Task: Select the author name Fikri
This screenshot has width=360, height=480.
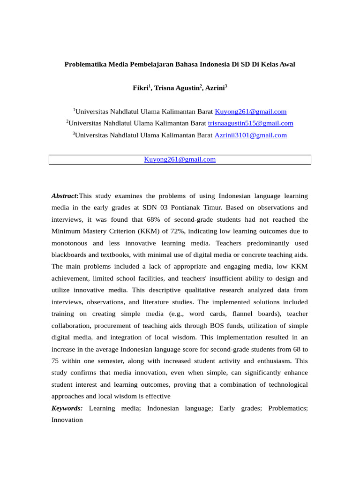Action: click(140, 88)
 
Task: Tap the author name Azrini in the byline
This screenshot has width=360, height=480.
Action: click(215, 88)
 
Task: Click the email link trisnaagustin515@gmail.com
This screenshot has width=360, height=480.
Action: click(250, 123)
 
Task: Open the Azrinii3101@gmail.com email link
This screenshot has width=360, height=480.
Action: click(250, 135)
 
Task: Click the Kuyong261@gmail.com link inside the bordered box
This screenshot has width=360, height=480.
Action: click(180, 159)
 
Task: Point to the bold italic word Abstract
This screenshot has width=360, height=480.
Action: click(65, 195)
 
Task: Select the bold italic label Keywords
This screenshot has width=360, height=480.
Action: click(67, 408)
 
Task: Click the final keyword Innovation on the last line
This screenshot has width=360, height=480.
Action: click(67, 420)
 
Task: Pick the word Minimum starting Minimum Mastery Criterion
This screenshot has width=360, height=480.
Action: click(66, 231)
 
